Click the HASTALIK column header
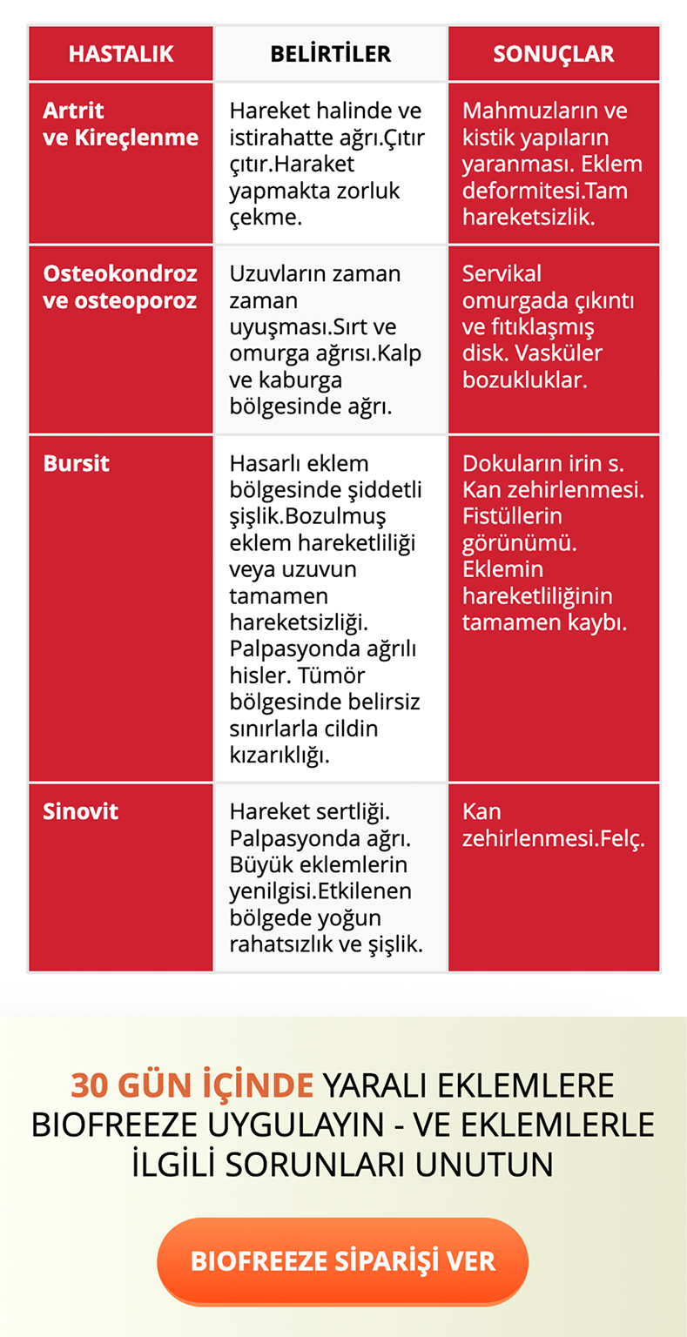(121, 54)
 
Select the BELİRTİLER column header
(330, 54)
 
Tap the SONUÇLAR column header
(553, 54)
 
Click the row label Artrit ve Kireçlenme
(120, 124)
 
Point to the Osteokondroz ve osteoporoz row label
(120, 286)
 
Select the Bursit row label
(77, 463)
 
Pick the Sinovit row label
(81, 811)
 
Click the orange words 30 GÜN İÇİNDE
(192, 1085)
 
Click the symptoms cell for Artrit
(327, 164)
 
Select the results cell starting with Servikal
(548, 326)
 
